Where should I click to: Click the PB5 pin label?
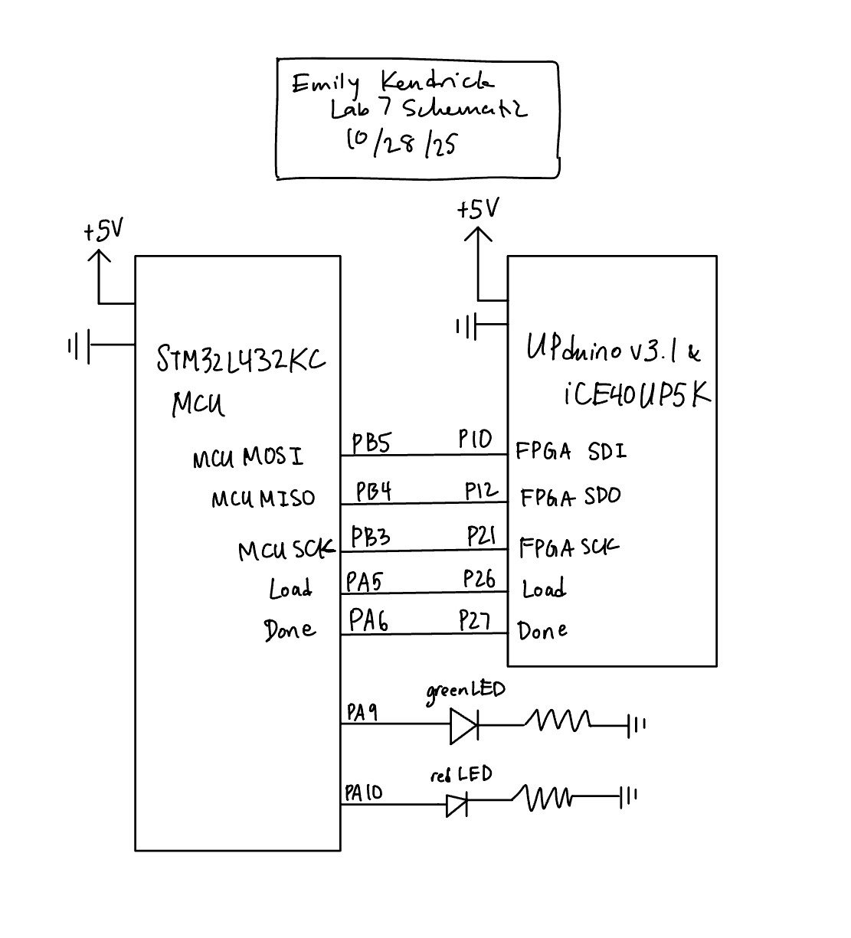(x=371, y=443)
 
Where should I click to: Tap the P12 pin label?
(x=481, y=492)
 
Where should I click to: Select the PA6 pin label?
(x=368, y=619)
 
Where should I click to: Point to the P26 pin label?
(x=480, y=579)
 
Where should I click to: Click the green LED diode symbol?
(x=463, y=725)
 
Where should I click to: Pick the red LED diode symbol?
(x=457, y=804)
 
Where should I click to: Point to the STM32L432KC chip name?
(x=241, y=359)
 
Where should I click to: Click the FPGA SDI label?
(x=571, y=451)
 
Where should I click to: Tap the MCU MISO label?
(x=263, y=499)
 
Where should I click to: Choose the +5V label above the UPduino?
(x=478, y=209)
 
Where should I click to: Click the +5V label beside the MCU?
(x=103, y=230)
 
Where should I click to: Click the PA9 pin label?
(x=362, y=713)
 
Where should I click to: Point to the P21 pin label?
(x=482, y=537)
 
